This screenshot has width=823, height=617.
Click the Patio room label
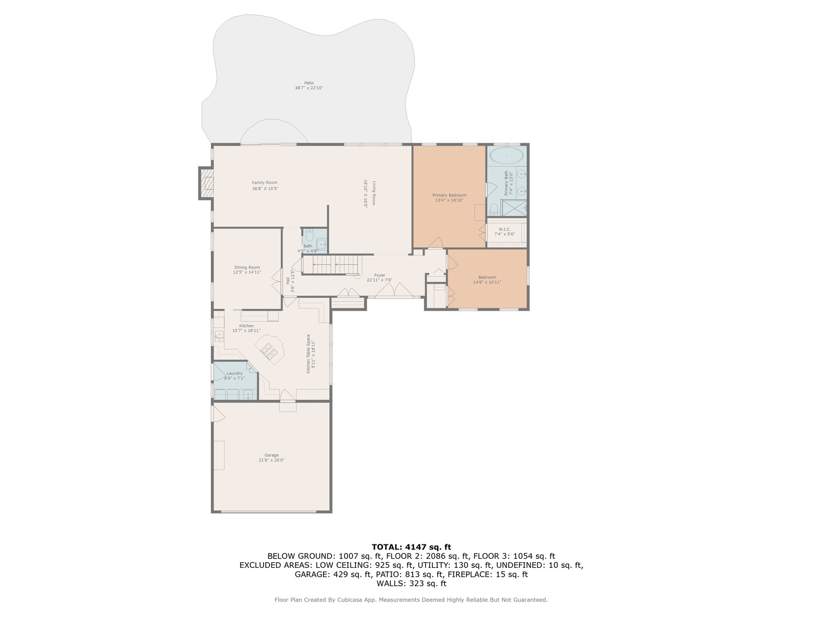[x=309, y=83]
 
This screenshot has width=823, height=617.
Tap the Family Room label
[x=265, y=183]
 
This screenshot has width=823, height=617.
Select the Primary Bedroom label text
[x=449, y=195]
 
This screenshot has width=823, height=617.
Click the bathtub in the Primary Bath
[x=507, y=155]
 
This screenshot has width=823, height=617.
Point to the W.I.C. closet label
[x=504, y=230]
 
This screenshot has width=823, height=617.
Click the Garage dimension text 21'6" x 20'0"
[x=271, y=460]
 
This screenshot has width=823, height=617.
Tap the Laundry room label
[x=234, y=374]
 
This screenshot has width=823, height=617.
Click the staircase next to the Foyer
[x=330, y=265]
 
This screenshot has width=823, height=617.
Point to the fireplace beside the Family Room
[x=206, y=183]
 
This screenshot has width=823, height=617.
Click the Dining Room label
[x=247, y=267]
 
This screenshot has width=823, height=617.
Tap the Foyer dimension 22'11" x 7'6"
[x=379, y=280]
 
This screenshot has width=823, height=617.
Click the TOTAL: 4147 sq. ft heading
[x=411, y=547]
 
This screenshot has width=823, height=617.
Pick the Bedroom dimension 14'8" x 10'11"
[x=487, y=282]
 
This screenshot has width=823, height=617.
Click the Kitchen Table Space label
[x=309, y=354]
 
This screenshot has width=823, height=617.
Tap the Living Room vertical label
[x=374, y=193]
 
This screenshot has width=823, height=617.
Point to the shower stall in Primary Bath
[x=514, y=208]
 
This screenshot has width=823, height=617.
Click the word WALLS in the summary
[x=389, y=583]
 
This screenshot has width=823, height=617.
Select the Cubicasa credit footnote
[x=411, y=600]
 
